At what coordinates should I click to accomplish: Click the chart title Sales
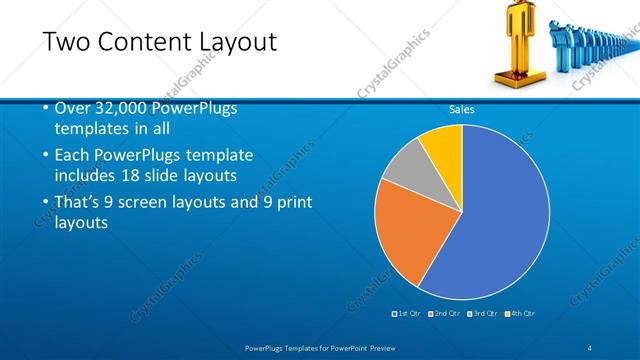(x=461, y=110)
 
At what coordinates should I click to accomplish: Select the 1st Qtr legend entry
(x=409, y=314)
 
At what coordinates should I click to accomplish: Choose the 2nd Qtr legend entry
(x=446, y=314)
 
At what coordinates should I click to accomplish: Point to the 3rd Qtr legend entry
(x=484, y=314)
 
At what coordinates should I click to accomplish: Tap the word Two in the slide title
(x=64, y=42)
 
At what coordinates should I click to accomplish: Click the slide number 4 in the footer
(x=591, y=347)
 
